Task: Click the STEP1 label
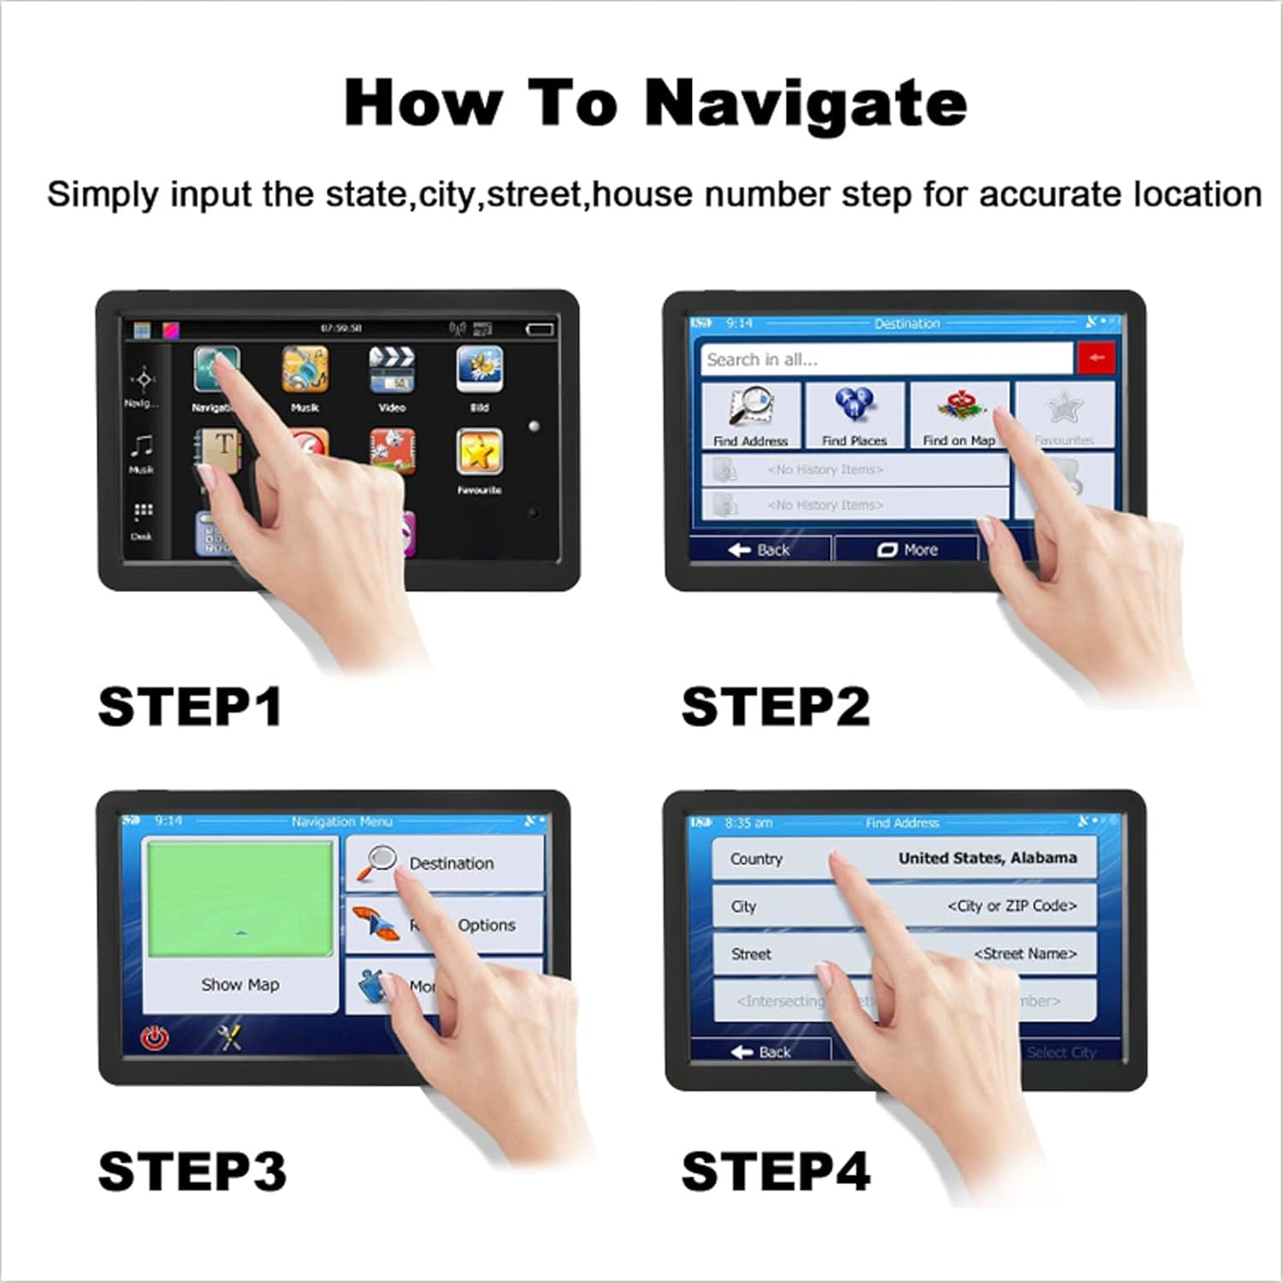(x=190, y=707)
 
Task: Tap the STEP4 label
(x=775, y=1171)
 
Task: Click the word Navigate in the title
(x=805, y=103)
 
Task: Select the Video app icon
(x=392, y=370)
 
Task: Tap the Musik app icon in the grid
(x=304, y=370)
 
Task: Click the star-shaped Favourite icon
(x=479, y=452)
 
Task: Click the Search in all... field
(x=885, y=359)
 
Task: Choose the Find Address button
(x=751, y=415)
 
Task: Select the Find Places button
(x=854, y=415)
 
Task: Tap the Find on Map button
(x=959, y=415)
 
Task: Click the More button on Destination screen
(x=907, y=550)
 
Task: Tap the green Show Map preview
(x=240, y=898)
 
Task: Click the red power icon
(x=155, y=1038)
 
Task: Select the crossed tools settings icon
(x=229, y=1038)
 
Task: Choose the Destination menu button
(x=445, y=863)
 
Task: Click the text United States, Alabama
(x=987, y=858)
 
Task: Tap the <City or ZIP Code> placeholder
(x=1011, y=906)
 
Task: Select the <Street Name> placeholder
(x=1025, y=954)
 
